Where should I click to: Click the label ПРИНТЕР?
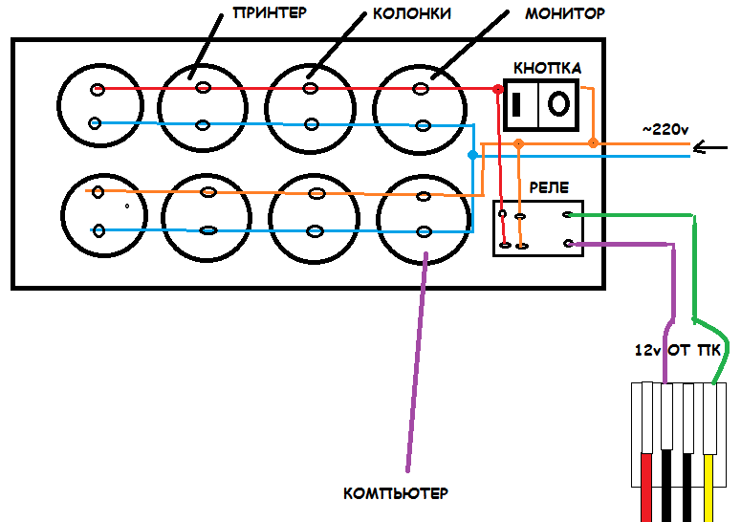270,12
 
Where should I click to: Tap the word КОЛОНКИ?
412,13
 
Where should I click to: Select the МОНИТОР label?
565,13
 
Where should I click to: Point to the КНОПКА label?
547,69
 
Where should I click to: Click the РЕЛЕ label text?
549,187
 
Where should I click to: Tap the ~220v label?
665,129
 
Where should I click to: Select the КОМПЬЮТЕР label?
396,493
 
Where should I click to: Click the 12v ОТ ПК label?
677,350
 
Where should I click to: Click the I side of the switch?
516,104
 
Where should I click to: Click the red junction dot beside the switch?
497,89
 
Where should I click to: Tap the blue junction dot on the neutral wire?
472,155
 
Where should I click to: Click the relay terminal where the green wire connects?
568,215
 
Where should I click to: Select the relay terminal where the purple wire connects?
569,244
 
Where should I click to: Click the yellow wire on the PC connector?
708,488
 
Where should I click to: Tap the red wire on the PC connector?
646,488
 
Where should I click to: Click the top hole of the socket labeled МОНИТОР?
421,88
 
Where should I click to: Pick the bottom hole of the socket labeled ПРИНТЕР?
203,125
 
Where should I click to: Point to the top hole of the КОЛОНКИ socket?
311,88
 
